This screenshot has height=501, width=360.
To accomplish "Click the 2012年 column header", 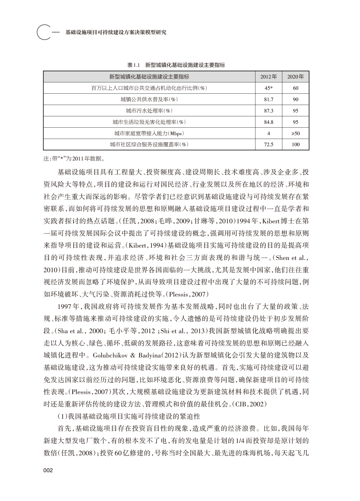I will pos(269,77).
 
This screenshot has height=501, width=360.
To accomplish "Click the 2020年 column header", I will pos(295,77).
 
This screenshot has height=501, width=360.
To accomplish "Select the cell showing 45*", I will pos(269,88).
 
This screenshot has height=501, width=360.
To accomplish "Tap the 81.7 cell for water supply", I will pos(269,99).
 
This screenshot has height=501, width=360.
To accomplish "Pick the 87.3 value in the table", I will pos(269,111).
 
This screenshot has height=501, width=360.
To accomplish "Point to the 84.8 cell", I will pos(269,122).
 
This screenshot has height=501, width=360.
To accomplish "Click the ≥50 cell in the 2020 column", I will pos(295,134).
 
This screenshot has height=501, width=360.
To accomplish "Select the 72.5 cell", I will pos(269,145).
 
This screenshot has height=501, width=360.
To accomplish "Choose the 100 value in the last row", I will pos(295,145).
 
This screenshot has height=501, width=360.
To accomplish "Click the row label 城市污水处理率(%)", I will pos(149,111).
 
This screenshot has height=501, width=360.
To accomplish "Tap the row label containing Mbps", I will pos(149,134).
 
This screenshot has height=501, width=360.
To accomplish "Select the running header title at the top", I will pos(116,32).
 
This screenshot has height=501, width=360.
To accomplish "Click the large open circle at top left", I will pos(44,32).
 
